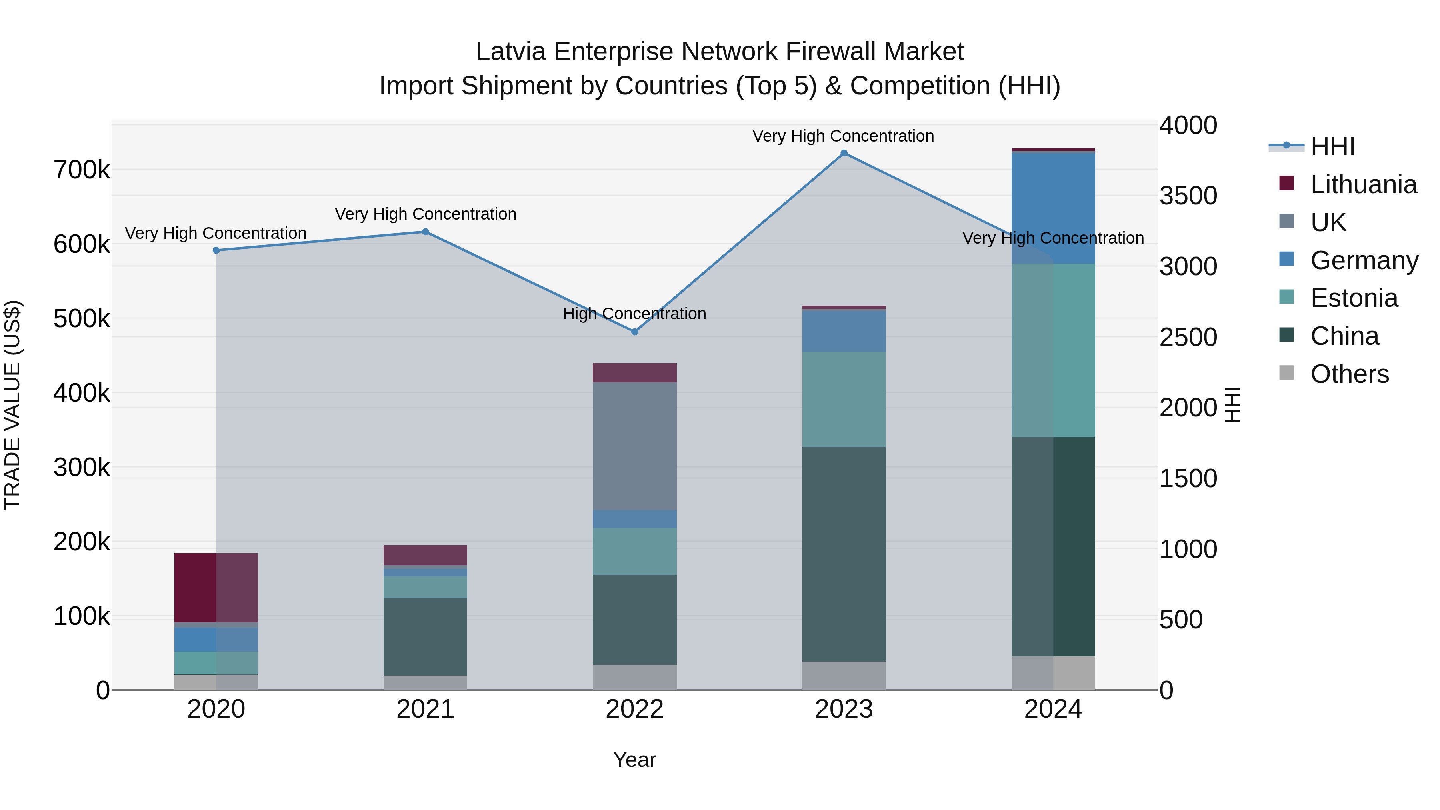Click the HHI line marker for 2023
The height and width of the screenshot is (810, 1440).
(x=844, y=153)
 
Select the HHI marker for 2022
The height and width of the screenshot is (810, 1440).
(x=634, y=332)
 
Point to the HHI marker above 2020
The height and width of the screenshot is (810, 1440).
(x=216, y=250)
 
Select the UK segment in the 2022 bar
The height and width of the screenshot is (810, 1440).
(x=634, y=446)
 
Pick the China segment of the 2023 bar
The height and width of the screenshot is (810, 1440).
(x=844, y=554)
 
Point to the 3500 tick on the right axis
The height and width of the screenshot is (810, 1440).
(x=1188, y=196)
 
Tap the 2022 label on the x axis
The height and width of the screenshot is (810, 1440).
(x=634, y=709)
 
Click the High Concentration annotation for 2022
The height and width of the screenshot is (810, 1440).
(x=634, y=314)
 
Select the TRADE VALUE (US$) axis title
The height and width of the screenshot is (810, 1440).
(x=12, y=405)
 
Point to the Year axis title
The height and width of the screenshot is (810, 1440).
(x=634, y=760)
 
